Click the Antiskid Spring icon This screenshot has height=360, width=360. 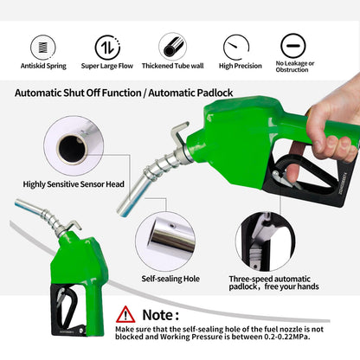click(x=43, y=48)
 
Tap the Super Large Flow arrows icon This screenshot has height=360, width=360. click(x=107, y=48)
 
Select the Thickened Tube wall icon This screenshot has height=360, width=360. click(x=173, y=47)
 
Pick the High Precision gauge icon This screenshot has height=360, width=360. click(x=236, y=48)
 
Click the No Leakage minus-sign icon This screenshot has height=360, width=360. click(x=293, y=46)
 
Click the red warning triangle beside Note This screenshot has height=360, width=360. click(x=125, y=315)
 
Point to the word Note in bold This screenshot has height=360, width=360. click(x=157, y=315)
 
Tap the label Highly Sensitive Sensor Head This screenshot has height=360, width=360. click(x=74, y=184)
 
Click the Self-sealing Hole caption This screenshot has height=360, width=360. click(x=170, y=279)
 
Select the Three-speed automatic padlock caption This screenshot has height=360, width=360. click(x=273, y=283)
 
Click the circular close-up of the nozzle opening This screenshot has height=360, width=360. click(x=74, y=146)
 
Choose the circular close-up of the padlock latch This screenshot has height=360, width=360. click(x=266, y=241)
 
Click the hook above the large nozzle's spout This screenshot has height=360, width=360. click(x=179, y=133)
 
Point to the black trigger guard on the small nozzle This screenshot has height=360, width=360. click(x=68, y=310)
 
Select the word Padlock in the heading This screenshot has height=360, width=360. click(x=215, y=93)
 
